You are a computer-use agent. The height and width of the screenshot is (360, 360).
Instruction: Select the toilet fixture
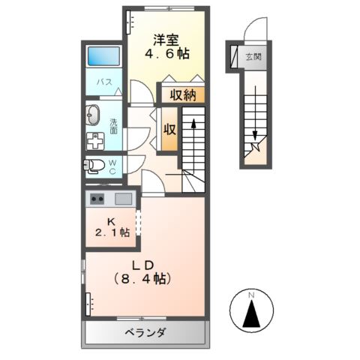coord(94,166)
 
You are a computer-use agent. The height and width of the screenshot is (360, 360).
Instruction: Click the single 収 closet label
coord(169,128)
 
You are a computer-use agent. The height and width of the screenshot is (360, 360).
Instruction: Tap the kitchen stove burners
coord(97,199)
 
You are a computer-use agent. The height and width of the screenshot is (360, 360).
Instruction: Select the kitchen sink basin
coord(123,199)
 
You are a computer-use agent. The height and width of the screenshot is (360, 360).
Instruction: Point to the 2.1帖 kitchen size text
coord(111,233)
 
